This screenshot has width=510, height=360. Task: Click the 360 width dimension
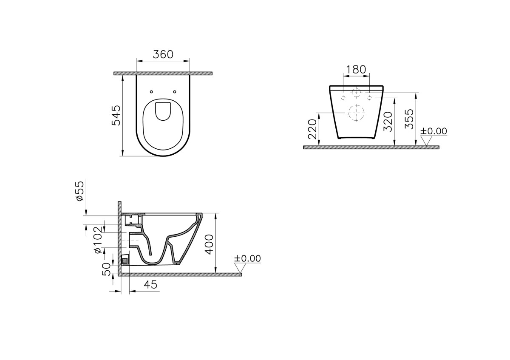coord(163,54)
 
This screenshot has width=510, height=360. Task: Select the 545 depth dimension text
coord(116,115)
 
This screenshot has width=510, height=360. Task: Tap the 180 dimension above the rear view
coord(356,70)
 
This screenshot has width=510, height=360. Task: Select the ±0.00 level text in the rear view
coord(433,131)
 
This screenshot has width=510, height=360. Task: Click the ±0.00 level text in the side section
coord(248,258)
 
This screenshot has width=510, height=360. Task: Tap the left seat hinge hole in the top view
coord(151,91)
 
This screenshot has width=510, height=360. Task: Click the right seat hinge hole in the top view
coord(175,91)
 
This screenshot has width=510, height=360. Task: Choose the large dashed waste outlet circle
coord(356,113)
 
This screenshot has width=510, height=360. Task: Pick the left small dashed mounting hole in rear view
coord(343,97)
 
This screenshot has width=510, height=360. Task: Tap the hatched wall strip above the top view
coord(163,74)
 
